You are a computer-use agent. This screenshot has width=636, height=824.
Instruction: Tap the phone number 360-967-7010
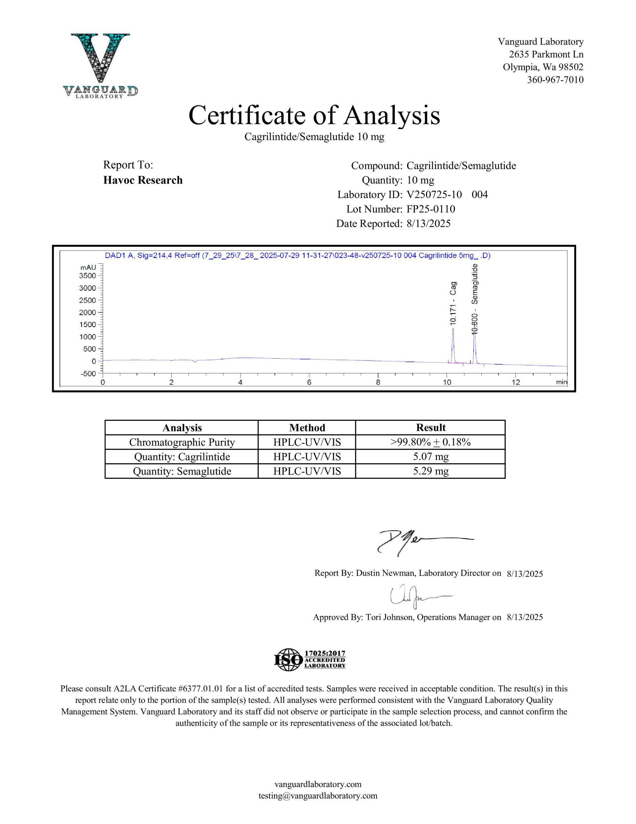[555, 80]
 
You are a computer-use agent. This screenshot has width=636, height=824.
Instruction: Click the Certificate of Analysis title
[314, 115]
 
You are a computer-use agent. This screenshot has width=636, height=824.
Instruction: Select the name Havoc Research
[143, 180]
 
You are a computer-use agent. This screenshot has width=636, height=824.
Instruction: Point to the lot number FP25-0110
[431, 209]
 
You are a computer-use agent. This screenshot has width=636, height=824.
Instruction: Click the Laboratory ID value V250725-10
[434, 195]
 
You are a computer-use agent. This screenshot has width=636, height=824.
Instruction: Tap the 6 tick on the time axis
[309, 382]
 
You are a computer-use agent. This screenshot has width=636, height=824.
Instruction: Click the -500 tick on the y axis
[88, 373]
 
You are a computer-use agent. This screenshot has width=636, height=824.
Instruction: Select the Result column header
[430, 427]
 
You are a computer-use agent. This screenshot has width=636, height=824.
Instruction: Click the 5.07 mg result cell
[430, 456]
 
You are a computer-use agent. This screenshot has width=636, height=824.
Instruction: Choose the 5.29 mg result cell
[430, 471]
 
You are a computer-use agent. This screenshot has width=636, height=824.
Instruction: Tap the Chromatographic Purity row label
[182, 442]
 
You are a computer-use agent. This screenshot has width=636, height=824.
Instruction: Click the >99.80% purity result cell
[430, 442]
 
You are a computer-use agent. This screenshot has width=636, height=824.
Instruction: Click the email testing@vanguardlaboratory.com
[318, 796]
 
